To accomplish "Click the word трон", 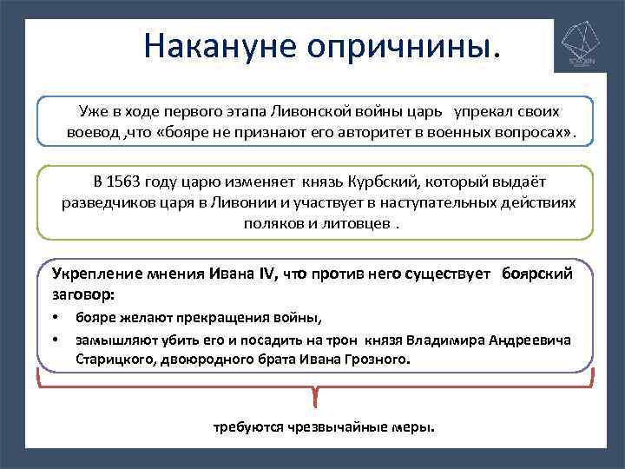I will click(344, 340).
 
